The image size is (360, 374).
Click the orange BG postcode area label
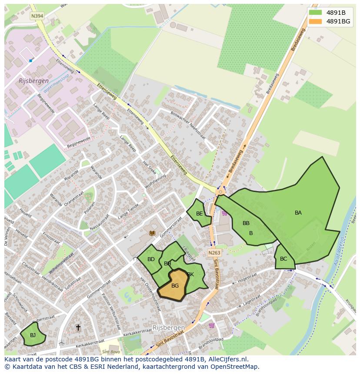(x=175, y=286)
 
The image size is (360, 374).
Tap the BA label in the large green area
(x=298, y=213)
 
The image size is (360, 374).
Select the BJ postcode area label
(x=33, y=335)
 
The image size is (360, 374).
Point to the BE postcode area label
(x=199, y=213)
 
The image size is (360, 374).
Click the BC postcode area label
(x=283, y=259)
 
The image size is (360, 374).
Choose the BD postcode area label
(x=151, y=259)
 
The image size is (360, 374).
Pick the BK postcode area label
(x=190, y=274)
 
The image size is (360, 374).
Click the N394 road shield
(x=37, y=16)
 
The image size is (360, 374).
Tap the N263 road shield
(x=213, y=252)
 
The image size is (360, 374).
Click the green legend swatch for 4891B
(x=315, y=12)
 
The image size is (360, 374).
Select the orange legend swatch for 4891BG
(x=315, y=21)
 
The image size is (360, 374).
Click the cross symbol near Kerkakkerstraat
(x=78, y=327)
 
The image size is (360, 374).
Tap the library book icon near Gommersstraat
(x=152, y=233)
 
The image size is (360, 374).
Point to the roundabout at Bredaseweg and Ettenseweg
(x=220, y=192)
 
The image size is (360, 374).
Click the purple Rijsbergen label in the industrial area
(x=33, y=81)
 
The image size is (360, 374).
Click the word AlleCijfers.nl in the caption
(x=227, y=360)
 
